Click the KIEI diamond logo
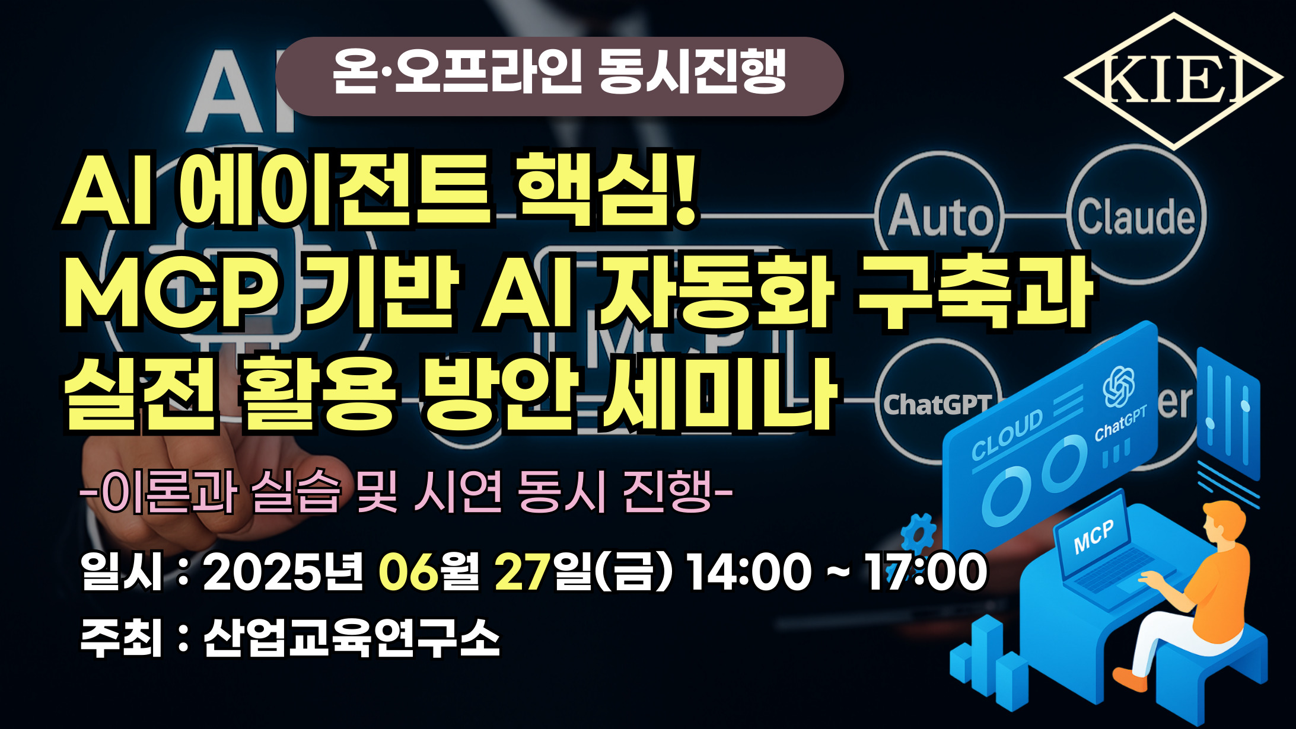coord(1173,81)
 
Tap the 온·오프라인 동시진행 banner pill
coord(559,76)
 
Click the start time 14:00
coord(749,572)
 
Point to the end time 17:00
coord(925,572)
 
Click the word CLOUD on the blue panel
coord(1007,435)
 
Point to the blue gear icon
coord(918,532)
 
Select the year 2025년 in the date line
coord(282,572)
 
